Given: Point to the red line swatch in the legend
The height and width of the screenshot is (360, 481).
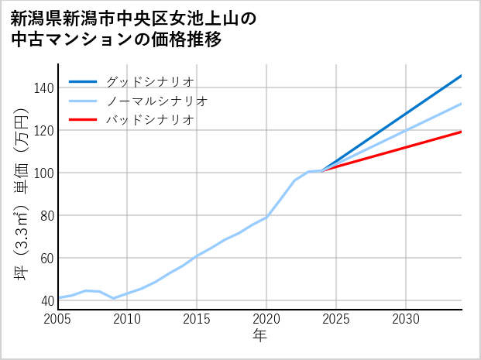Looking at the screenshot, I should (x=83, y=120).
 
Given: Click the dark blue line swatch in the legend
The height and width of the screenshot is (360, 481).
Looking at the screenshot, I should (x=83, y=81).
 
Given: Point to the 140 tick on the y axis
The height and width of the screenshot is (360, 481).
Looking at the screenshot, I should (x=43, y=87).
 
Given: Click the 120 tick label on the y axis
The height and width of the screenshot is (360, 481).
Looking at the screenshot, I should (x=43, y=130).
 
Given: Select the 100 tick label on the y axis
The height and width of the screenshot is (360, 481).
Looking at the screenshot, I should (x=43, y=173).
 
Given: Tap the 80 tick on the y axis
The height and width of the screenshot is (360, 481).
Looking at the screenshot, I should (x=46, y=215).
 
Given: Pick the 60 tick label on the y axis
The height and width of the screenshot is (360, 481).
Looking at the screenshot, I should (x=46, y=258).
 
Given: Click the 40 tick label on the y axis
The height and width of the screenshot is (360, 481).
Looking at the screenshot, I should (x=46, y=300).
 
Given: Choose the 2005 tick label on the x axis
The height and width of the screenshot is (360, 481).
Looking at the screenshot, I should (x=58, y=319).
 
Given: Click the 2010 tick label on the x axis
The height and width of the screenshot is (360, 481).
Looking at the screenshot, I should (x=128, y=319).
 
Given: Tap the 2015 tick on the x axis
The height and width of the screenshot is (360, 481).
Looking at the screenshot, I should (x=197, y=319).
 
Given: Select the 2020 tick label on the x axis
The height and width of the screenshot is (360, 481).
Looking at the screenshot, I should (x=266, y=319).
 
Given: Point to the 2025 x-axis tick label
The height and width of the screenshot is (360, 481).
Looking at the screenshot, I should (x=336, y=319).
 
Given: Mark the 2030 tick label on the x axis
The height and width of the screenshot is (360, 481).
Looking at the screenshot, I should (x=406, y=319).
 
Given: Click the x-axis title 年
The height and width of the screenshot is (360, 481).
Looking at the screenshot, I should (x=260, y=336).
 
